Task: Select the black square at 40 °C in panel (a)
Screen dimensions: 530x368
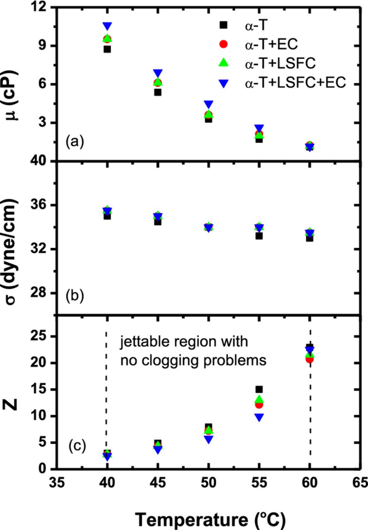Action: tap(107, 49)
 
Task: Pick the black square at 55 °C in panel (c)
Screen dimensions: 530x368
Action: tap(259, 389)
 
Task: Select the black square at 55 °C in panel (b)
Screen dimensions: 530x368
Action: tap(259, 236)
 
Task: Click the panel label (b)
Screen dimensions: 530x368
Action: tap(75, 296)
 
